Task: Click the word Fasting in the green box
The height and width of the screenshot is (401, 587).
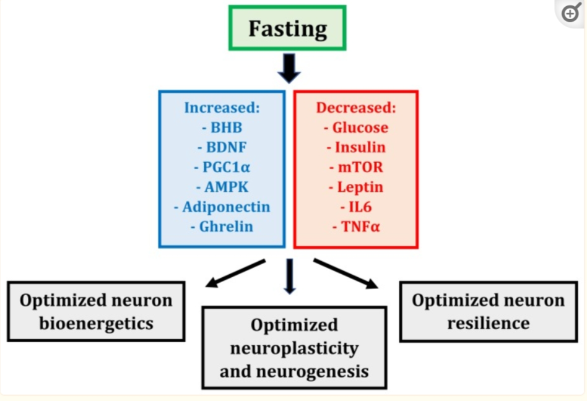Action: (287, 29)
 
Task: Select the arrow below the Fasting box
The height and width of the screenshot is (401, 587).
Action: (289, 68)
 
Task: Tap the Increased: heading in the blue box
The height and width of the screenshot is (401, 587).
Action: (222, 108)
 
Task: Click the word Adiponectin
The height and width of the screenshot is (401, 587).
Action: (226, 207)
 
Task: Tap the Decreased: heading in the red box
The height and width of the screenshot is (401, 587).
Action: (356, 108)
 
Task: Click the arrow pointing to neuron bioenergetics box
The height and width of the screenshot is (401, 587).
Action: (235, 274)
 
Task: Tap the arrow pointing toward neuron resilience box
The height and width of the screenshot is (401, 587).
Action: (346, 274)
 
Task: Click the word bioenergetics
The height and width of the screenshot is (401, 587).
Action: (96, 323)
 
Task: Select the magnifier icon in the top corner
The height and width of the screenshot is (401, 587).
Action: (571, 13)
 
